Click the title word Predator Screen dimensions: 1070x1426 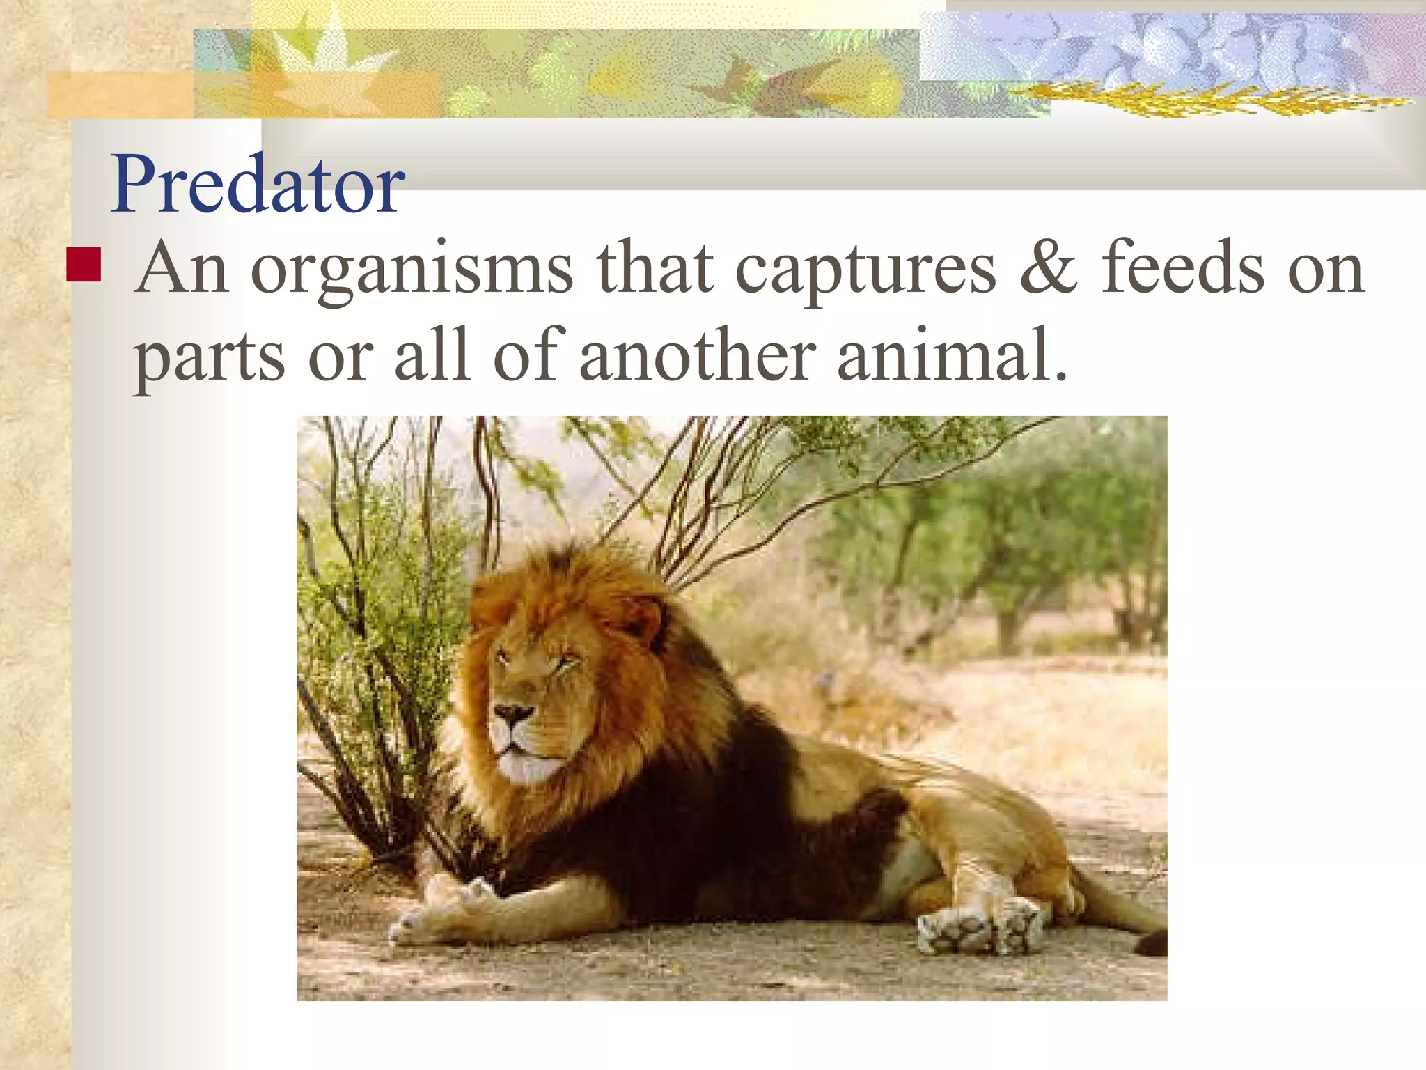pyautogui.click(x=258, y=185)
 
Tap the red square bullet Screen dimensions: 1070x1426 pyautogui.click(x=84, y=263)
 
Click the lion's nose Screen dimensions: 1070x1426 pyautogui.click(x=513, y=714)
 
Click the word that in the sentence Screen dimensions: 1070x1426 pyautogui.click(x=655, y=268)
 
